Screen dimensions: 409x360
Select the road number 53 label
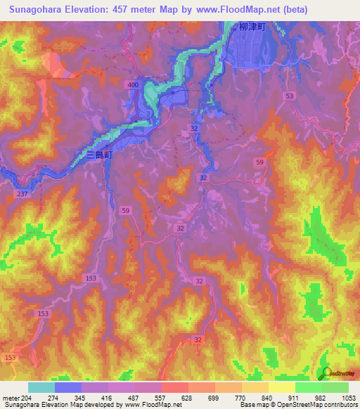pos(289,95)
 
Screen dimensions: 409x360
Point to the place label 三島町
pos(98,156)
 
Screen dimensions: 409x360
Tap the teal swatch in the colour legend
pos(41,387)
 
